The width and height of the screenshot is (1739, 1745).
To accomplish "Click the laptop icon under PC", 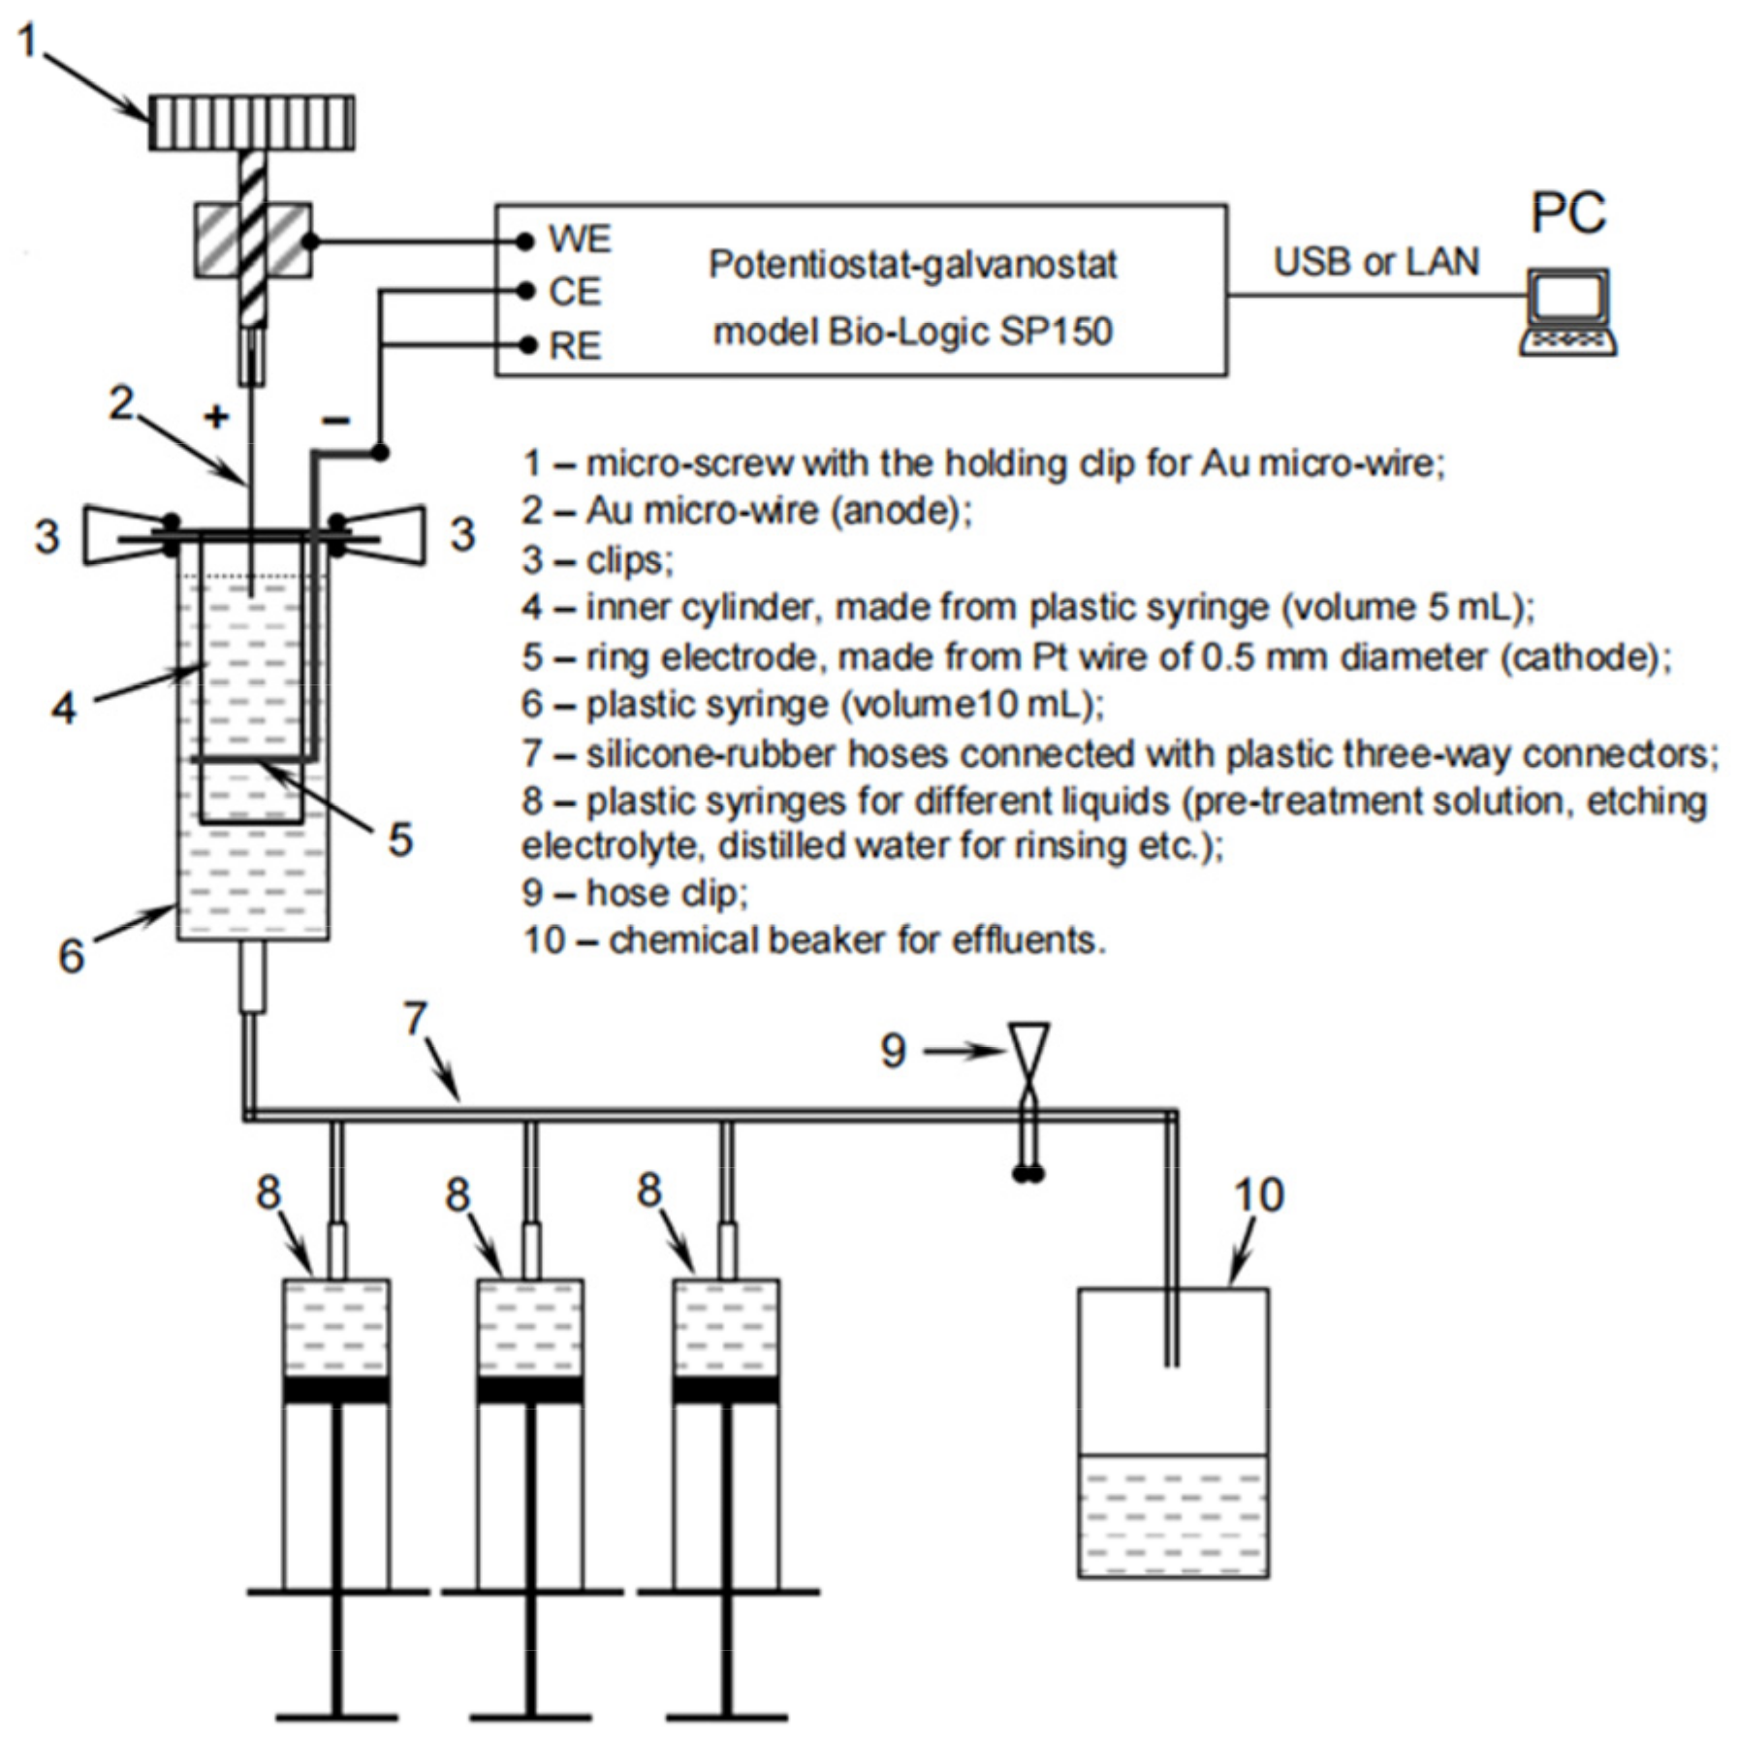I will [1567, 312].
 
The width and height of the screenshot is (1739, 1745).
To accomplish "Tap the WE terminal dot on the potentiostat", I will [525, 240].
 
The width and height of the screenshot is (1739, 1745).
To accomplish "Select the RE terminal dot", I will [526, 344].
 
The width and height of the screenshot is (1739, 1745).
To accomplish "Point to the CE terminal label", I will [575, 292].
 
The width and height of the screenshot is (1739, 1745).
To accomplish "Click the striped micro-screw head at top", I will [252, 122].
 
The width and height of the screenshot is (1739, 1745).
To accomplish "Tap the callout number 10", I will [1258, 1195].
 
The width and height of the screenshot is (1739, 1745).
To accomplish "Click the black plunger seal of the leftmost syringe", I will [336, 1389].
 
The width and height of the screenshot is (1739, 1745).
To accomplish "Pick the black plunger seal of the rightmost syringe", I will [726, 1389].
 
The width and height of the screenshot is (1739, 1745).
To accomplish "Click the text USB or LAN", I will [1375, 262].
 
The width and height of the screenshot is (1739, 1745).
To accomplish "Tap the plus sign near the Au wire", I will [216, 417].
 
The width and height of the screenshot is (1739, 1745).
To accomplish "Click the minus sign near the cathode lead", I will [336, 420].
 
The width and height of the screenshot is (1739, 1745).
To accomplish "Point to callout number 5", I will [400, 839].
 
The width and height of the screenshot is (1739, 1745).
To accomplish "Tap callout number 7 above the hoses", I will [415, 1018].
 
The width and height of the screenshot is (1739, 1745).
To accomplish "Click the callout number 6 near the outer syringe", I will [71, 956].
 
